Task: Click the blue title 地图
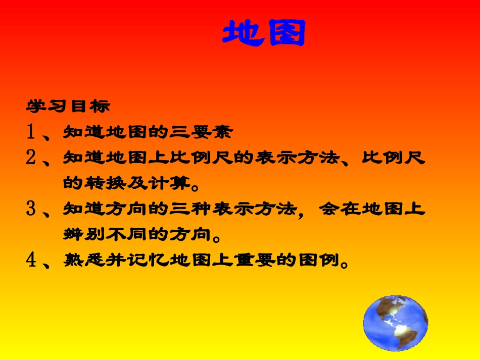tap(264, 33)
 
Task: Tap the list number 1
tap(31, 133)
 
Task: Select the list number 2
tap(31, 159)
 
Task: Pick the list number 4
tap(31, 261)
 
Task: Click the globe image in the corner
tap(395, 323)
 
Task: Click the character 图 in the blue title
tap(285, 33)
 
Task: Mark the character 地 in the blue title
tap(243, 33)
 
